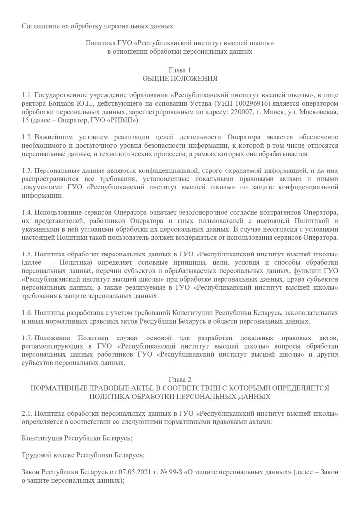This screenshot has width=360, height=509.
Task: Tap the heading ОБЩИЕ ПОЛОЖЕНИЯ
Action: (x=180, y=79)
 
